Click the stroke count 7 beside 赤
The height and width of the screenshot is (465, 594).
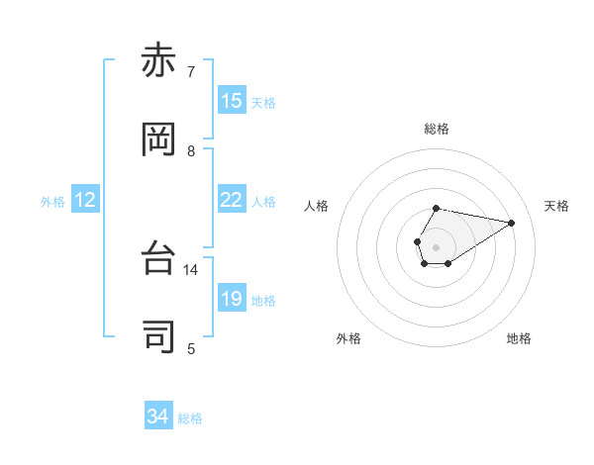191,72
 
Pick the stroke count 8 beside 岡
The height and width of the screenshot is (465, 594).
191,150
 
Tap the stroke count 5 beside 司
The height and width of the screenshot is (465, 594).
191,348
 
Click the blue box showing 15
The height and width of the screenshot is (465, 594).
231,100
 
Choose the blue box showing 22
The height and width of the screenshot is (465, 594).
231,200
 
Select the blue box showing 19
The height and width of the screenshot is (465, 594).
231,298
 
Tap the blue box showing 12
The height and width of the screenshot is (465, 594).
85,200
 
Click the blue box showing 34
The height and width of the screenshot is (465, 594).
157,417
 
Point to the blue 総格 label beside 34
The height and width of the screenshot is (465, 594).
190,418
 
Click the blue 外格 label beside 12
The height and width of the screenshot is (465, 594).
52,202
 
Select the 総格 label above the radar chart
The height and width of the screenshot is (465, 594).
437,129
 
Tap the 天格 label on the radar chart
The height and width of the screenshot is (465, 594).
556,206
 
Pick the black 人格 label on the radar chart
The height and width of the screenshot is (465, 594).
317,206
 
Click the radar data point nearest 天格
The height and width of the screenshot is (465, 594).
511,222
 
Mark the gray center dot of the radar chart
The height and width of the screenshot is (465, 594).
436,245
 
